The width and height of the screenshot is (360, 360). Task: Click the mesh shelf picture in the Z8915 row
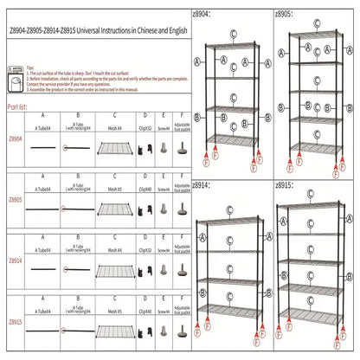pyautogui.click(x=114, y=331)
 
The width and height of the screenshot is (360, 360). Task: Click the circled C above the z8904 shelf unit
pyautogui.click(x=234, y=32)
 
